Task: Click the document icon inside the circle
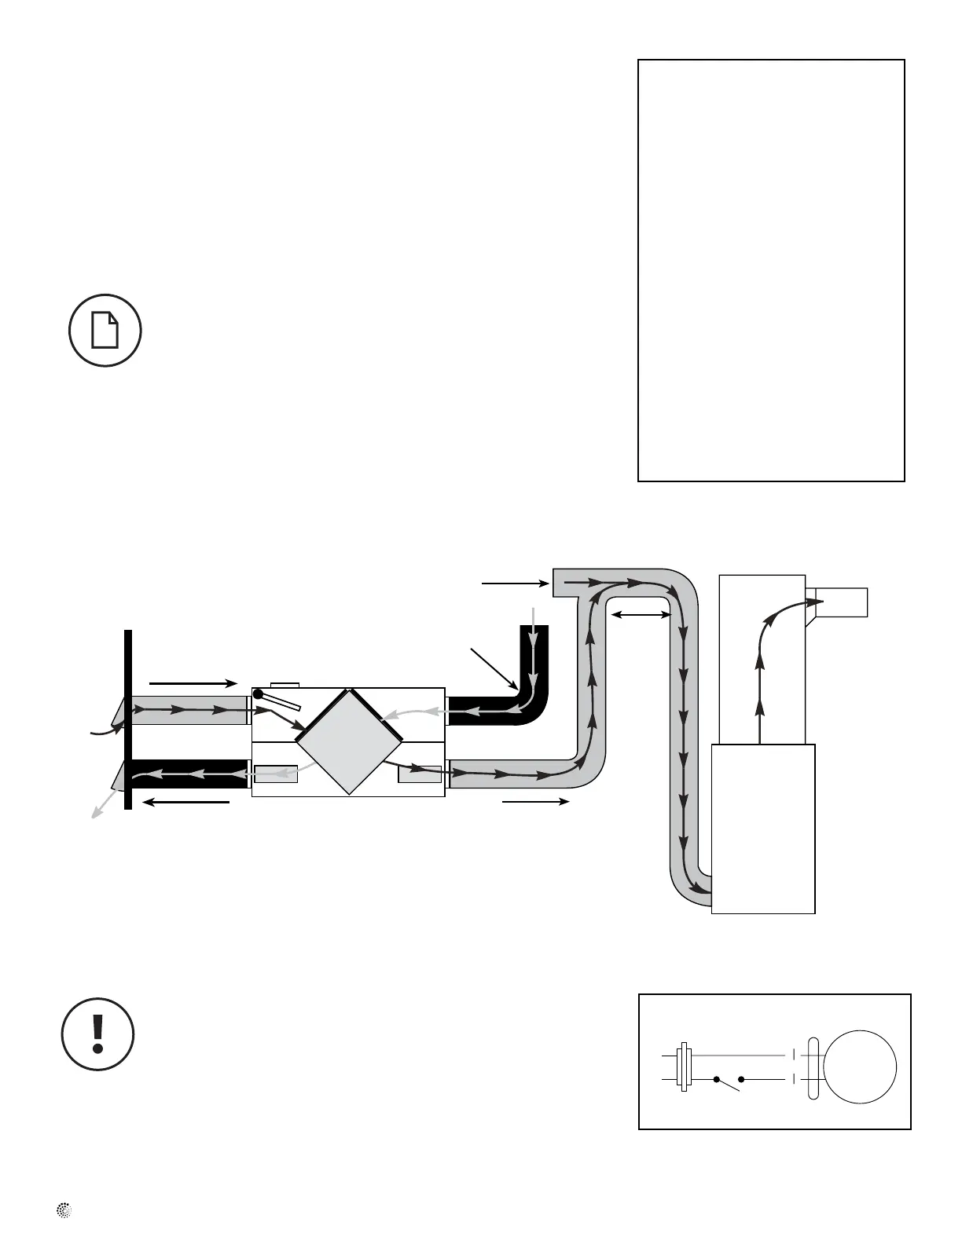[x=105, y=330]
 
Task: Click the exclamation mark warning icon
[x=97, y=1034]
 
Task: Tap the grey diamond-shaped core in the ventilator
[x=348, y=741]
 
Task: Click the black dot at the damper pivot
[x=258, y=694]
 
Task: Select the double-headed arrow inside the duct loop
[x=641, y=615]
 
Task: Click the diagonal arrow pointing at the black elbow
[x=493, y=667]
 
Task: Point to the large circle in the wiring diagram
[x=859, y=1067]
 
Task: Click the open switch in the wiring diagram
[x=729, y=1082]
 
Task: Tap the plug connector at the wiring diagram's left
[x=684, y=1067]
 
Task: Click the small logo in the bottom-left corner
[x=64, y=1211]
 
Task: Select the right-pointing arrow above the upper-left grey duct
[x=193, y=682]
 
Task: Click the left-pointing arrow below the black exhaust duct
[x=188, y=802]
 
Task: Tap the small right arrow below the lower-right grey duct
[x=535, y=801]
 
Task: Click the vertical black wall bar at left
[x=128, y=719]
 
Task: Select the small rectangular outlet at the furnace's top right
[x=843, y=602]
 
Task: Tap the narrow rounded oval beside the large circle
[x=813, y=1067]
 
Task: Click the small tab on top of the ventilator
[x=284, y=685]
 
